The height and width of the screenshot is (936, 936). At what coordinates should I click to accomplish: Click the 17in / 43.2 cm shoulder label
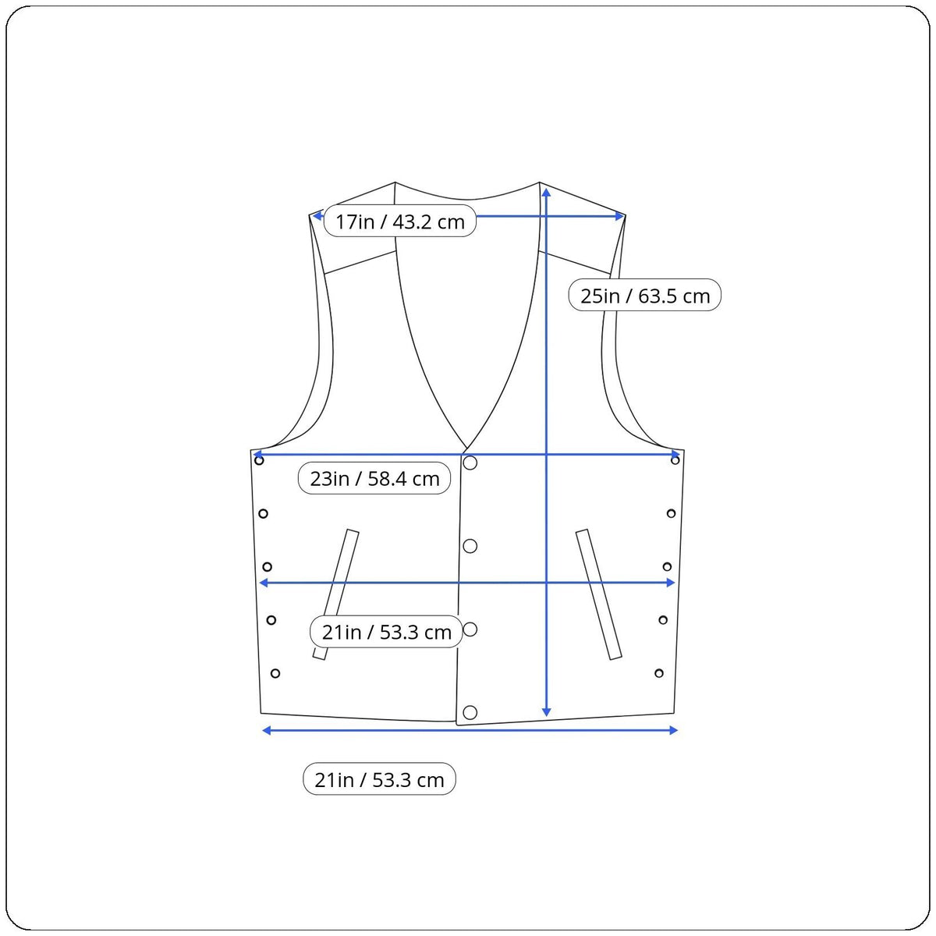click(x=400, y=222)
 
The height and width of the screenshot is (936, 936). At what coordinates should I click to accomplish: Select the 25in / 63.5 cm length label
click(x=644, y=296)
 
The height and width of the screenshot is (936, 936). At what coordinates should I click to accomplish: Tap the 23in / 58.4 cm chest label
click(x=374, y=478)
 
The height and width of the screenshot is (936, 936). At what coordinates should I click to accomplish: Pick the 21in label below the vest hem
click(x=379, y=779)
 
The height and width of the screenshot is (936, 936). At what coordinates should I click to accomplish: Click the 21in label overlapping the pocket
click(x=386, y=632)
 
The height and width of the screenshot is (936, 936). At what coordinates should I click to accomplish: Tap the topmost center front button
click(x=470, y=463)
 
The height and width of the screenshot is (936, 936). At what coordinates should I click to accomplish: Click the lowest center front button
click(x=470, y=713)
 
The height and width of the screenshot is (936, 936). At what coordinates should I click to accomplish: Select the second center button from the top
click(x=470, y=546)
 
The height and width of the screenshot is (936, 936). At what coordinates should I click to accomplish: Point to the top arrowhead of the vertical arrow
click(x=547, y=193)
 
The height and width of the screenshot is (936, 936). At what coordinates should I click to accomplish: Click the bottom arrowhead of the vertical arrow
click(x=547, y=711)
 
